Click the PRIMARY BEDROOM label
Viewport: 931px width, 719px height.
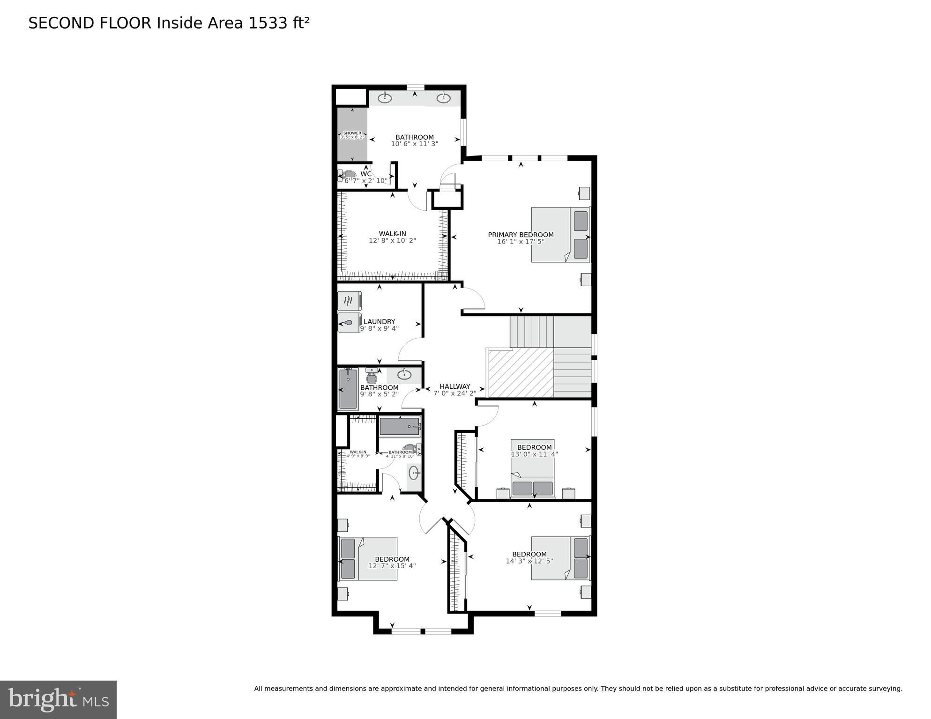point(521,235)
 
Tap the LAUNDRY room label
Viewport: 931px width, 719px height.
point(379,321)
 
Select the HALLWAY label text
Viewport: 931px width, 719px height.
point(454,386)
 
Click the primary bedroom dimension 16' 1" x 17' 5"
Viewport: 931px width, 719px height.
point(521,242)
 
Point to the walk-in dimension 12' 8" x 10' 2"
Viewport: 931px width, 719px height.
point(392,240)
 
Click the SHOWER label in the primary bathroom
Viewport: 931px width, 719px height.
point(352,133)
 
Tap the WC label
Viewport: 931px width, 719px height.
point(366,174)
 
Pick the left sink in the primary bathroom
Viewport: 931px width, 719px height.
point(385,98)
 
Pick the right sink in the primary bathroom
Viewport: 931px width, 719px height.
point(443,98)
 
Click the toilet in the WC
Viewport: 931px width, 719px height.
point(348,175)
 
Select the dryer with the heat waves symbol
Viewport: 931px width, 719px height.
point(349,301)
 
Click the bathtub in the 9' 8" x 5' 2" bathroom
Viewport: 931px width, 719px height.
point(348,389)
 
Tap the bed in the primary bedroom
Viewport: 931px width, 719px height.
point(560,235)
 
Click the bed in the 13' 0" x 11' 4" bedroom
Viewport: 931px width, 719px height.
point(533,468)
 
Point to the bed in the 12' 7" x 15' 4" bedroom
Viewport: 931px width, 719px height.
point(368,558)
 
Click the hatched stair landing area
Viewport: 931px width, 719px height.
point(521,374)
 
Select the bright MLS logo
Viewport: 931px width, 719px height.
point(58,699)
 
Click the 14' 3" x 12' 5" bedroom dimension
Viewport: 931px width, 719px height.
point(529,561)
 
